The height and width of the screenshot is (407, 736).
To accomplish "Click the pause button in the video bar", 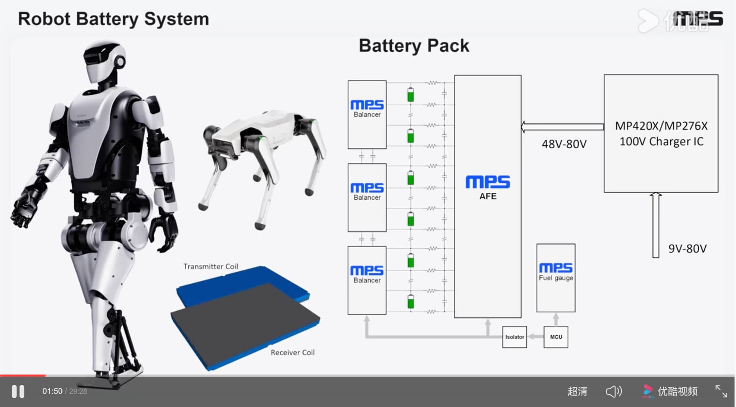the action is pyautogui.click(x=18, y=391).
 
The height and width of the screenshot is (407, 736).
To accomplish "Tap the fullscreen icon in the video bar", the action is pyautogui.click(x=721, y=391).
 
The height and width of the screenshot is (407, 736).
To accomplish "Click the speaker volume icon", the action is pyautogui.click(x=614, y=391).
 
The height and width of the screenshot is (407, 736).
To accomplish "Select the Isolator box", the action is pyautogui.click(x=514, y=337).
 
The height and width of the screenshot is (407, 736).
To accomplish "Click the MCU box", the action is pyautogui.click(x=556, y=337).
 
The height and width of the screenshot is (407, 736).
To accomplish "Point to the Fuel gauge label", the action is pyautogui.click(x=556, y=278).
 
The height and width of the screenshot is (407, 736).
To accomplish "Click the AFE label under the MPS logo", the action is pyautogui.click(x=488, y=196).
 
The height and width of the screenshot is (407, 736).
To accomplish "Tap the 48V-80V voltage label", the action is pyautogui.click(x=564, y=144).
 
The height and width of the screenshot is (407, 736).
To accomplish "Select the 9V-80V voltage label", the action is pyautogui.click(x=687, y=249).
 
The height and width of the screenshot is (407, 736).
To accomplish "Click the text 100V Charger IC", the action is pyautogui.click(x=661, y=141).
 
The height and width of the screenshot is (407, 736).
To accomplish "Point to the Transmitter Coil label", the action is pyautogui.click(x=210, y=266).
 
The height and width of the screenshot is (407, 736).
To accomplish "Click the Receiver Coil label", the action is pyautogui.click(x=292, y=353).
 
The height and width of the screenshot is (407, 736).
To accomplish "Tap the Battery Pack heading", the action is pyautogui.click(x=414, y=46).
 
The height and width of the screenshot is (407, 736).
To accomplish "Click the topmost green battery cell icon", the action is pyautogui.click(x=411, y=95).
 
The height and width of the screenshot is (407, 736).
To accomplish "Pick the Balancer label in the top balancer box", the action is pyautogui.click(x=367, y=115).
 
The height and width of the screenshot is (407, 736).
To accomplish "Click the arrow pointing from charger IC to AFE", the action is pyautogui.click(x=562, y=127).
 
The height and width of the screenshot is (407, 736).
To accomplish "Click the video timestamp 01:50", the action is pyautogui.click(x=52, y=391).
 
